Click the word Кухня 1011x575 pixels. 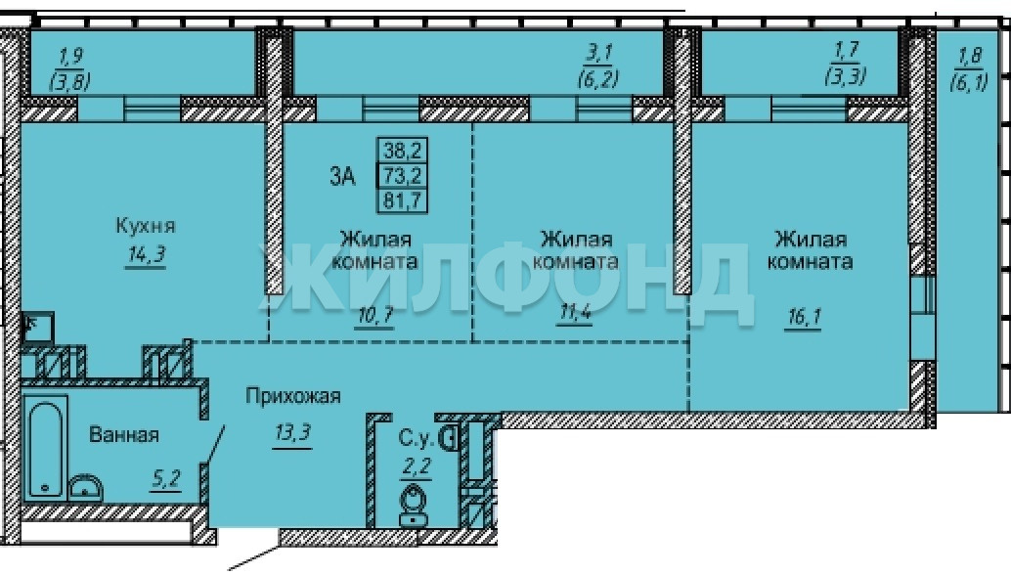click(x=146, y=226)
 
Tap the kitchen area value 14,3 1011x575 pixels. click(x=147, y=254)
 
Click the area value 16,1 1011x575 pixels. click(x=804, y=317)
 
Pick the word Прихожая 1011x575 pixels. click(x=292, y=396)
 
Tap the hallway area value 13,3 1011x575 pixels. click(x=292, y=432)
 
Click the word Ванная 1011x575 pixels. click(x=124, y=434)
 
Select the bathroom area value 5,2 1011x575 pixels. click(x=165, y=479)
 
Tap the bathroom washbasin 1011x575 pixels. click(x=86, y=487)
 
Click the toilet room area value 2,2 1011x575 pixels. click(x=416, y=466)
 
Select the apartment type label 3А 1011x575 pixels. click(x=342, y=176)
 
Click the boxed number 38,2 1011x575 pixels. click(x=402, y=151)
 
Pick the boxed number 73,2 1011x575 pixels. click(x=402, y=175)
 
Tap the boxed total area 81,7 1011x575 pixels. click(x=402, y=199)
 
